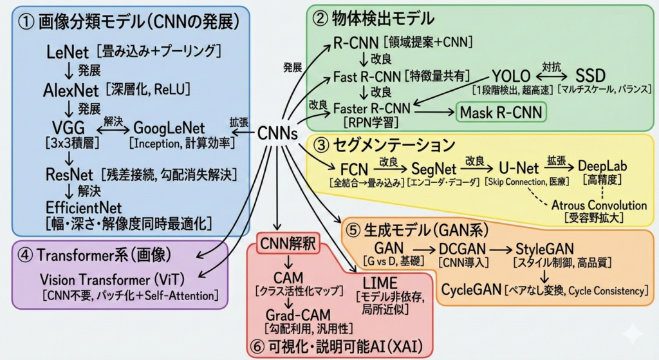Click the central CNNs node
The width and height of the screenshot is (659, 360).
click(277, 134)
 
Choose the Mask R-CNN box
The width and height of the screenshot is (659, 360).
click(500, 113)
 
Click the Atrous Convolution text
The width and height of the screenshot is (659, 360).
click(599, 205)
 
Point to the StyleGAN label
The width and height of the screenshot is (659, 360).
click(545, 249)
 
